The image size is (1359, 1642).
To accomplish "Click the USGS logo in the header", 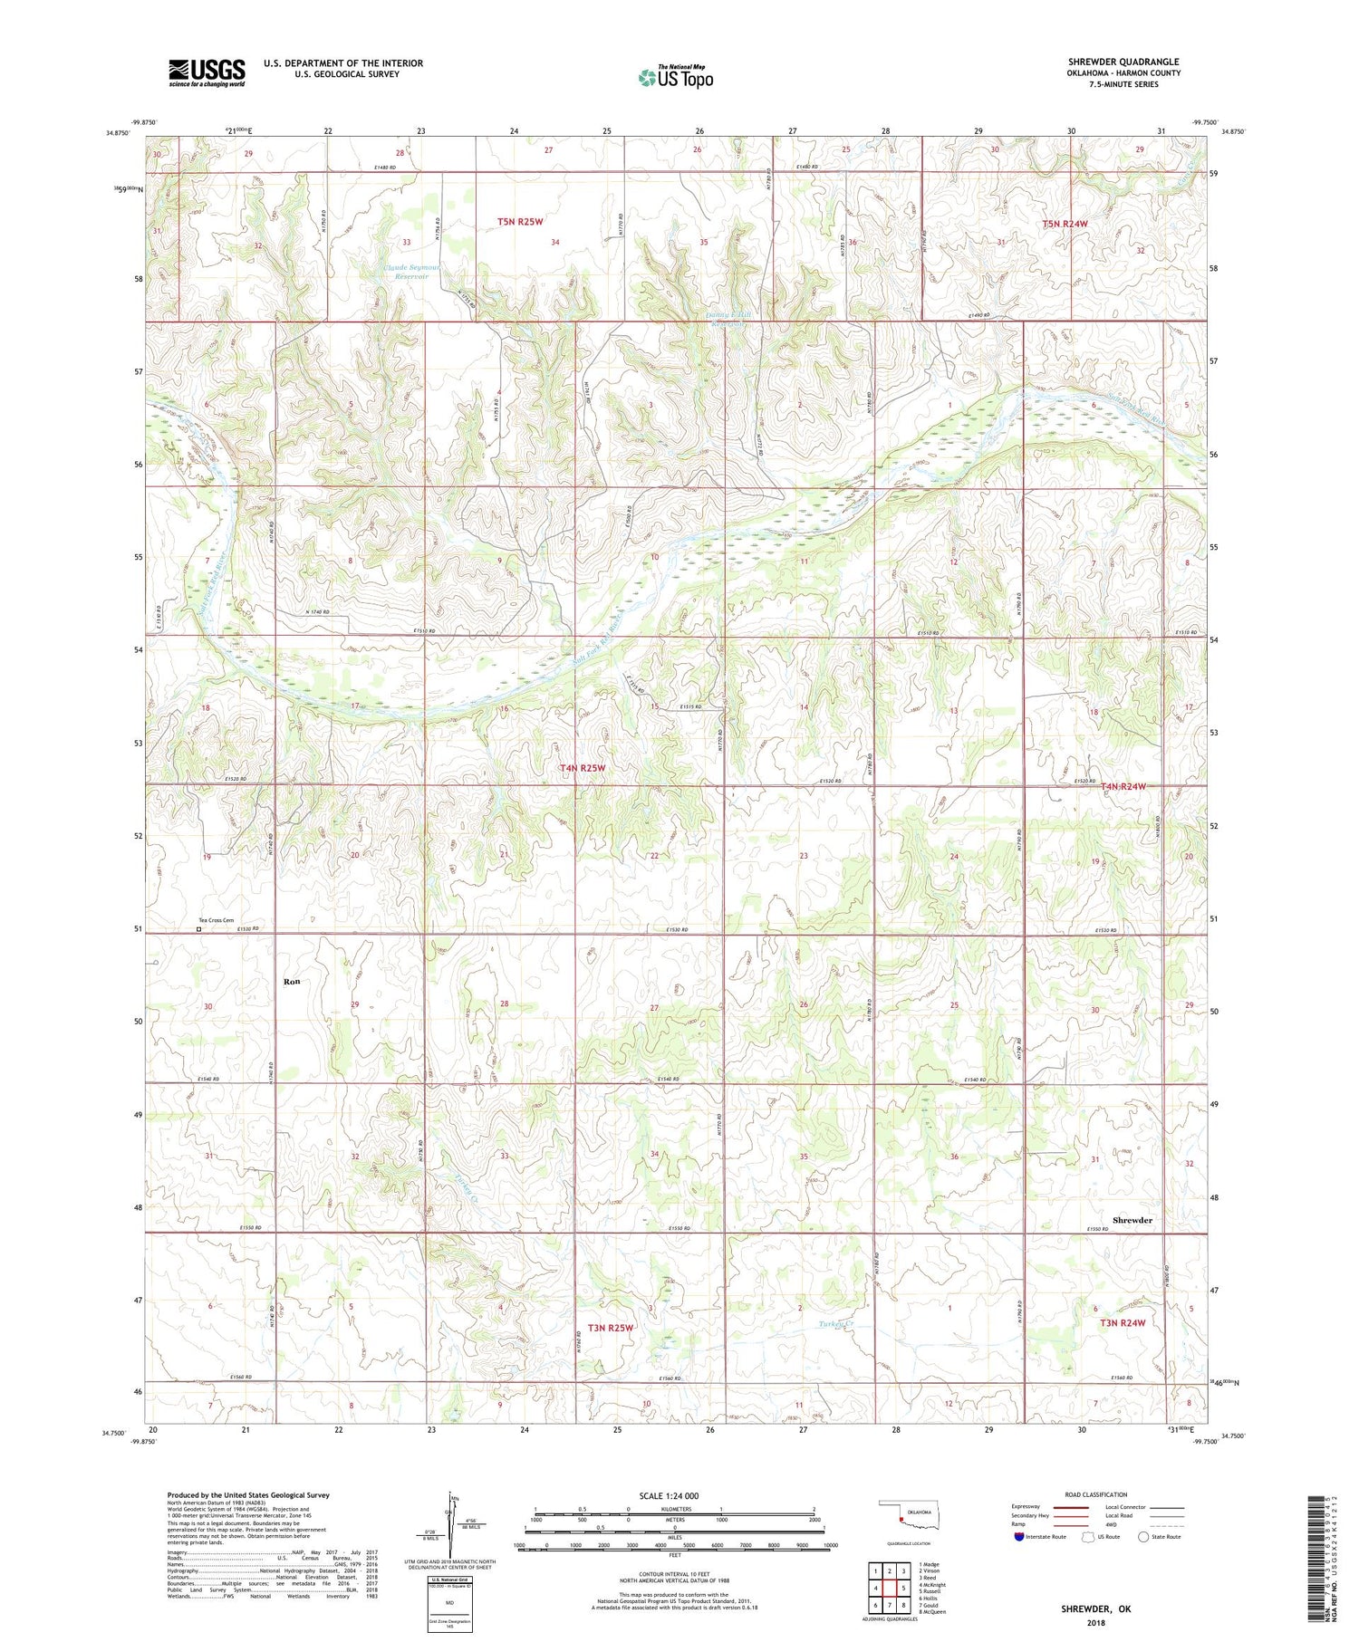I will [207, 72].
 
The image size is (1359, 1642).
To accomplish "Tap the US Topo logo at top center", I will [676, 78].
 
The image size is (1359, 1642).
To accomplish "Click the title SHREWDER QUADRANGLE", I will [1123, 62].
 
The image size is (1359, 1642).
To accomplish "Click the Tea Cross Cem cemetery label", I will [217, 920].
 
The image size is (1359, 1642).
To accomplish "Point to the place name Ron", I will [292, 981].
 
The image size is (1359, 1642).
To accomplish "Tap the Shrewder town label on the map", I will [1132, 1220].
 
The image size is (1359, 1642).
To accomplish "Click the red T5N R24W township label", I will [1064, 223].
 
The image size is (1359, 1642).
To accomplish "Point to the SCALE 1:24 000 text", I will [669, 1495].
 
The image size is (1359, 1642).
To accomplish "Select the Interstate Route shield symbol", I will [1019, 1537].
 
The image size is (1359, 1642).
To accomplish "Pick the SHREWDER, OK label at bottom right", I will [1096, 1608].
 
